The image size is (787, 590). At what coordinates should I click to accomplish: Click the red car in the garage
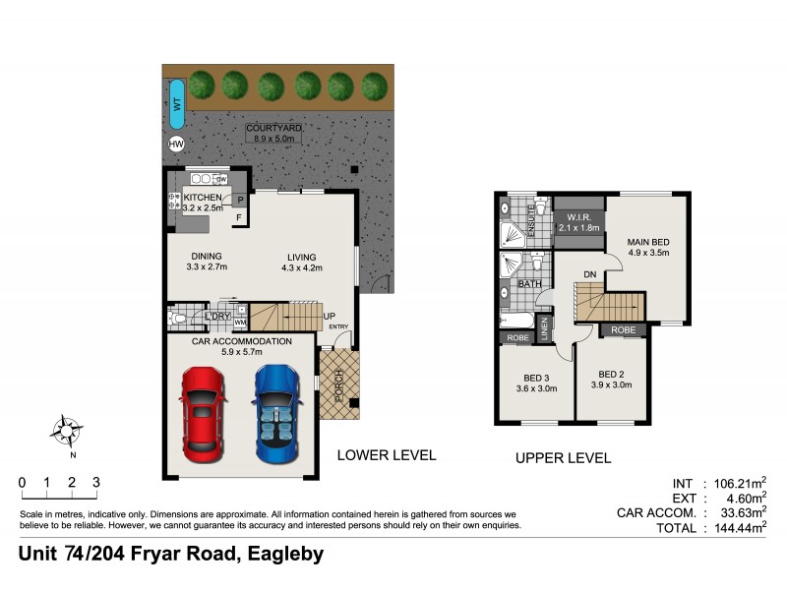(202, 414)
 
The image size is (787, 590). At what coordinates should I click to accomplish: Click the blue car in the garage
(278, 414)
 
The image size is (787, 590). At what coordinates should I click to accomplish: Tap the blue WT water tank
(176, 110)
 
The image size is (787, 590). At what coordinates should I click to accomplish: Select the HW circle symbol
(176, 145)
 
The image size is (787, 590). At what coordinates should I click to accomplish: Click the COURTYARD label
(274, 128)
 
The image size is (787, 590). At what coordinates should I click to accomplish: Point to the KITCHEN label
(203, 198)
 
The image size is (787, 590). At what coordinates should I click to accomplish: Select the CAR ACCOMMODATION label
(242, 341)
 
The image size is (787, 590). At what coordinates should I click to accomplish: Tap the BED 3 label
(535, 377)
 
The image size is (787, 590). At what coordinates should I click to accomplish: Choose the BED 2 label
(612, 374)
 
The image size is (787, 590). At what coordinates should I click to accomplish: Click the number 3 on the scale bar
(96, 482)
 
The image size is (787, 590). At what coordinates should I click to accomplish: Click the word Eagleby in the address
(285, 554)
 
